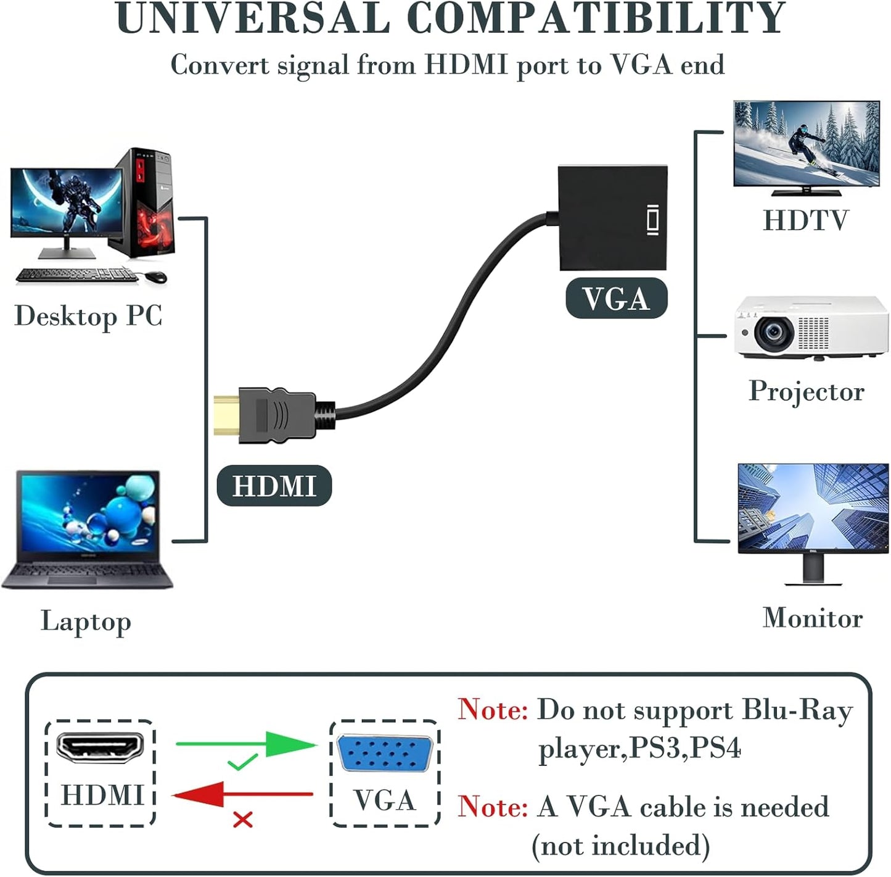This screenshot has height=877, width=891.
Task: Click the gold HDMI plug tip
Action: [226, 415]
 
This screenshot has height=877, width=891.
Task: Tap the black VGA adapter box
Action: [612, 217]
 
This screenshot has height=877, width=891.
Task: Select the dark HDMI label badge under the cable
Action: [274, 486]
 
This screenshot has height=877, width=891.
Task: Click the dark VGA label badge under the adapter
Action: [616, 299]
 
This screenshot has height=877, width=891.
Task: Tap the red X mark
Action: [243, 820]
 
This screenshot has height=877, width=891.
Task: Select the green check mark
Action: [242, 763]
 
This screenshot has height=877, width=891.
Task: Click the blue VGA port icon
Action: [385, 754]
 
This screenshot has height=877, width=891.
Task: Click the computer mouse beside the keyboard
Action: [157, 276]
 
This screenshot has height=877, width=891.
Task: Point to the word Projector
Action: [807, 392]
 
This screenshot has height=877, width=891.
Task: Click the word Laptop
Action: [86, 621]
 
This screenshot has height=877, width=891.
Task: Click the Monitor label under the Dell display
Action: [812, 618]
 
